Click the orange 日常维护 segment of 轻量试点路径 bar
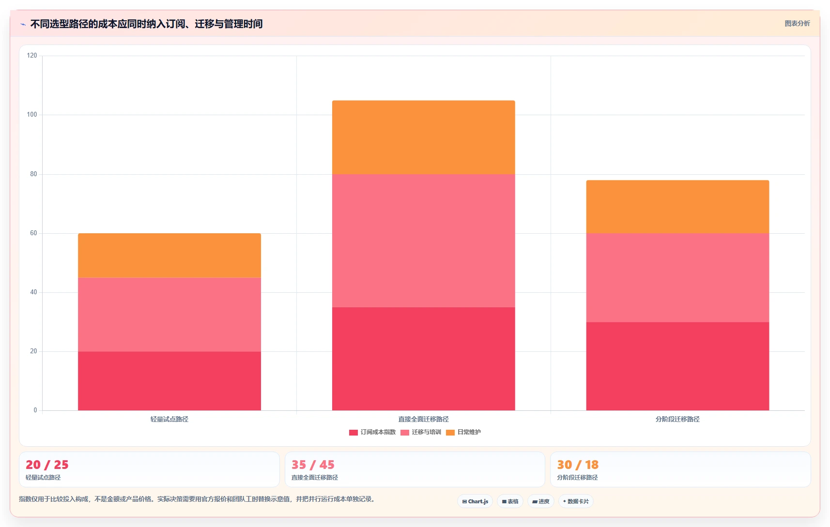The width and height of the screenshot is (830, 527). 169,255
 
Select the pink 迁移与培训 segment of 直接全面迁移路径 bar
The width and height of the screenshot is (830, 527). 424,241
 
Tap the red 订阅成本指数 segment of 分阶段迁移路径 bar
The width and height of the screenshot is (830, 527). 678,366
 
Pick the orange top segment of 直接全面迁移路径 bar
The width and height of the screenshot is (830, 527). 424,137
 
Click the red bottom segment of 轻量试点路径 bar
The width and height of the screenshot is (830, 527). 169,381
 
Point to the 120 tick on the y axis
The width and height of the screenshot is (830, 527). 32,56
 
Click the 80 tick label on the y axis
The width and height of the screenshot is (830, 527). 33,174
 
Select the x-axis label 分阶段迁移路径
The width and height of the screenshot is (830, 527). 677,419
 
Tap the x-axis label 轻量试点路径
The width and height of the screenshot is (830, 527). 169,419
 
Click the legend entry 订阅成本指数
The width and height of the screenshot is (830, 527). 372,432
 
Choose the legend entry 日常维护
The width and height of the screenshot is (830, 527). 463,432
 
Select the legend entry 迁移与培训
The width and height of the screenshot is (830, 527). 420,432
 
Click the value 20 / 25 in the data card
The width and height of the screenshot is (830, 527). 47,465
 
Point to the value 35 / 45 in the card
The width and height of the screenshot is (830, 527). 313,465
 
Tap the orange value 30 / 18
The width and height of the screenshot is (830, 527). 578,465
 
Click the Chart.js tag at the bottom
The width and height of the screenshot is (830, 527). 475,501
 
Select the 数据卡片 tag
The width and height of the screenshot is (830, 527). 576,501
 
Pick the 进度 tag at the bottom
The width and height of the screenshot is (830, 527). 540,501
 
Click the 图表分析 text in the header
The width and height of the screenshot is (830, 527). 798,23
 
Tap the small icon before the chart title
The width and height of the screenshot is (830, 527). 23,25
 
